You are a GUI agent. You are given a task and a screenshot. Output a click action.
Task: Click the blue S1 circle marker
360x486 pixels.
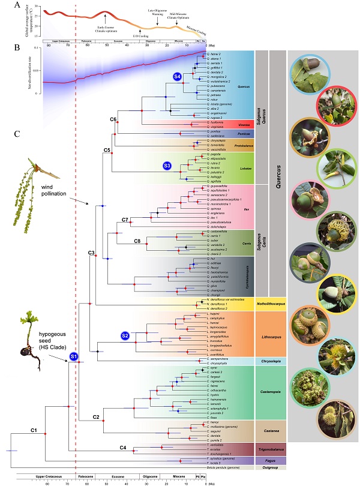tap(73, 357)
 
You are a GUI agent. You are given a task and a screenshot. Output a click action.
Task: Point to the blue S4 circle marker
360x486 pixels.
tap(177, 77)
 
